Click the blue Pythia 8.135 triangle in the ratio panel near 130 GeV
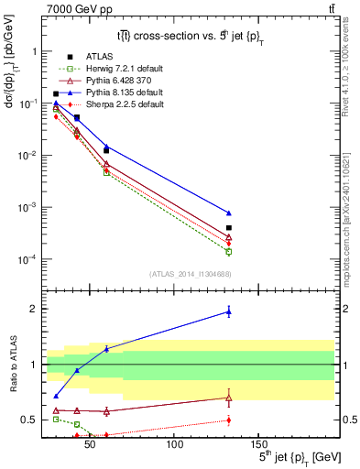click(228, 312)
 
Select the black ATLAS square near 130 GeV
click(228, 227)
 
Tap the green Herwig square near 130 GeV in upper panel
click(228, 251)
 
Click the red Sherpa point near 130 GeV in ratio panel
click(228, 420)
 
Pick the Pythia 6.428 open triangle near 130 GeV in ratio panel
click(228, 398)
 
